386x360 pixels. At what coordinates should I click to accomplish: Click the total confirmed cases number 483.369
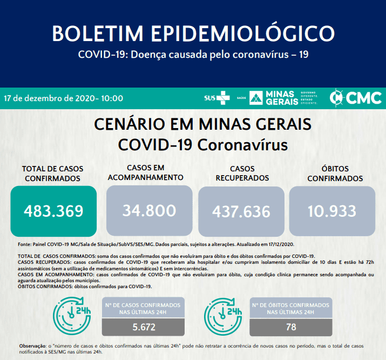pos(53,211)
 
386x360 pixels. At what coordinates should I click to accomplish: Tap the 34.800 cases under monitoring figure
pos(149,211)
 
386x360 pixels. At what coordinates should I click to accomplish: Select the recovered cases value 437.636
pos(241,212)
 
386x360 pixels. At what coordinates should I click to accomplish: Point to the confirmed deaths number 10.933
pos(332,211)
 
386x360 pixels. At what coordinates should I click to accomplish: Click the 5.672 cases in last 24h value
pos(144,327)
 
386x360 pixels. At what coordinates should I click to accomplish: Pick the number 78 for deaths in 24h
pos(291,327)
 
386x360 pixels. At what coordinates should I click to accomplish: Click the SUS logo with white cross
pos(217,98)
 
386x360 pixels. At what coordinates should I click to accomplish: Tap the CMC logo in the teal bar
pos(355,98)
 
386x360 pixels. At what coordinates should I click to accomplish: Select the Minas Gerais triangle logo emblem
pos(256,98)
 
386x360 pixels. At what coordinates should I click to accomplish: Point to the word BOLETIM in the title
pos(98,34)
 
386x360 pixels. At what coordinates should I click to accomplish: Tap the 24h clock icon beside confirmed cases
pos(72,316)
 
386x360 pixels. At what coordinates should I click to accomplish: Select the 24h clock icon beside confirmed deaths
pos(223,317)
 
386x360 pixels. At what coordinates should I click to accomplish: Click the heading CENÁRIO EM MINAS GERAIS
pos(202,124)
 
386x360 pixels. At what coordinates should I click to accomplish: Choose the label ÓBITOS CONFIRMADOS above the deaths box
pos(335,174)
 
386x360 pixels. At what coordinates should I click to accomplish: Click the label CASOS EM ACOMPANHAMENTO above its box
pos(145,172)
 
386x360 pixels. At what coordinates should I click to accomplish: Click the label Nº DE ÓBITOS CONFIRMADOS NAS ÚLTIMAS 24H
pos(290,309)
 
